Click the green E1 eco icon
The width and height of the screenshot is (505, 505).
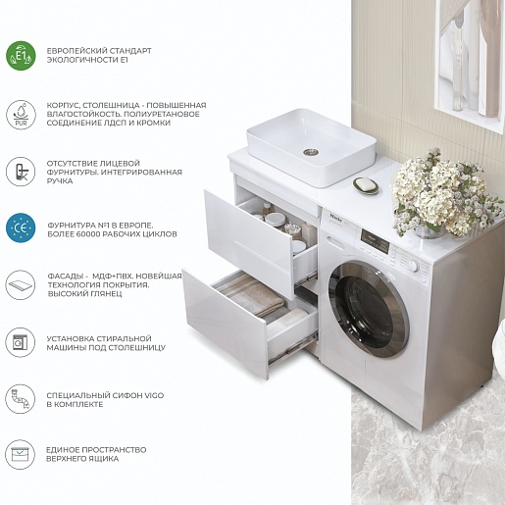tap(21, 56)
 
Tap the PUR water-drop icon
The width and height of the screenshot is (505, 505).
tap(21, 115)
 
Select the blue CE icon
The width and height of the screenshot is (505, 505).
tap(21, 227)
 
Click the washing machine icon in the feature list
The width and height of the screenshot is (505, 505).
tap(21, 342)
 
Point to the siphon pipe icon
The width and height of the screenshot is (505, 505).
tap(21, 399)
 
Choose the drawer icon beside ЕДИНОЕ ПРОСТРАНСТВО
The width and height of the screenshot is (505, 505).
tap(21, 454)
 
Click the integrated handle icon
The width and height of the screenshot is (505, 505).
tap(21, 172)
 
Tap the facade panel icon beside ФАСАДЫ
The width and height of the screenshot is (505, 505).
tap(21, 284)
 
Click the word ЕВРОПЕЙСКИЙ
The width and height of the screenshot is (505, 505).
tap(76, 51)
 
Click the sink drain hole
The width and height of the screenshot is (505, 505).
tap(311, 152)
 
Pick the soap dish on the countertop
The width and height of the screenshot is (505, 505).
tap(366, 185)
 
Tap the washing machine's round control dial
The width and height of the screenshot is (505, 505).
tap(414, 266)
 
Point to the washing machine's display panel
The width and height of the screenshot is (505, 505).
tap(375, 241)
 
